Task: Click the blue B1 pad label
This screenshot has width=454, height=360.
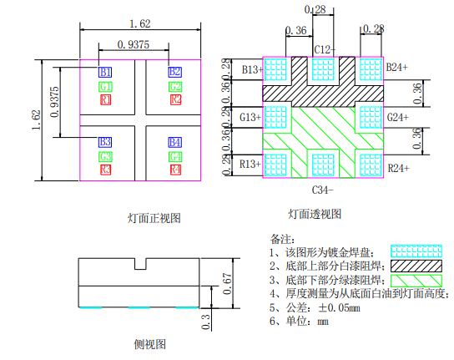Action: coord(105,72)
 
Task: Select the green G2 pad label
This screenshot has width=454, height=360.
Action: coord(175,86)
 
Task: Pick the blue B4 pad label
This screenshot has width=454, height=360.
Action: coord(175,142)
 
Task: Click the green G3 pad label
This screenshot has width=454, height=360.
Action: coord(105,156)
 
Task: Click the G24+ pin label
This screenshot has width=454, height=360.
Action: coord(397,117)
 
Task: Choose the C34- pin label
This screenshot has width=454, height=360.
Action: coord(322,190)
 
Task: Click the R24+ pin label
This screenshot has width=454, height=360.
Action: coord(397,168)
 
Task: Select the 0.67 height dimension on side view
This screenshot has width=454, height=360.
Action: coord(226,280)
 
